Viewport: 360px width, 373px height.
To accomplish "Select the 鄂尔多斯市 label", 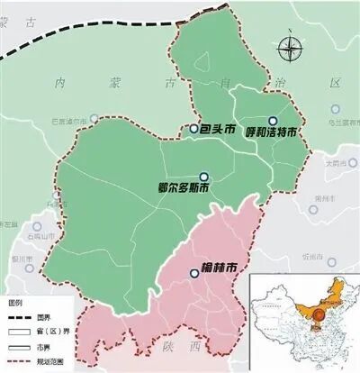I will [183, 190].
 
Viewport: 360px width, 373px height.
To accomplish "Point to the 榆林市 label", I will [220, 268].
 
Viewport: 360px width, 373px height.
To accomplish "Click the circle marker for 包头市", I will [193, 129].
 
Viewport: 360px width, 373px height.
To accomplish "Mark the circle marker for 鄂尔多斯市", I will [204, 177].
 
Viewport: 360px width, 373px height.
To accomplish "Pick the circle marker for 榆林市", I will [194, 273].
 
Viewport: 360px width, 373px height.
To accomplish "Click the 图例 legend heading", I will [15, 301].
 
